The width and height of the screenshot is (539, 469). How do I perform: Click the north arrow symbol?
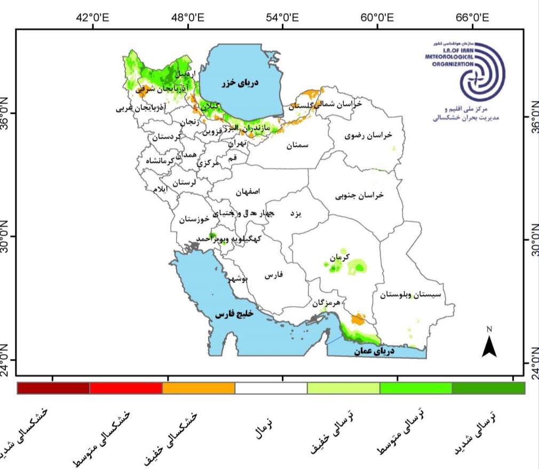pos(489,343)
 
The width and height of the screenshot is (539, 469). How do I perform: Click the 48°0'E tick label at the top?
pos(189,17)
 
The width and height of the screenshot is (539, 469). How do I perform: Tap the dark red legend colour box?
pos(53,388)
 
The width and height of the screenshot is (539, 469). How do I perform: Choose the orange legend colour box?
pos(199,388)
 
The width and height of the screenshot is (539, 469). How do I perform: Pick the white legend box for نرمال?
pos(271,388)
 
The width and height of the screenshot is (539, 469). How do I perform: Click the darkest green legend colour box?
pos(488,388)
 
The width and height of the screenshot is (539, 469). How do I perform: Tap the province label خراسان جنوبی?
pos(360,196)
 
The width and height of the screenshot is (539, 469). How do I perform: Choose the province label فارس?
pos(272,275)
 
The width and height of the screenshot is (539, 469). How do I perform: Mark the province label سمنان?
pos(297,145)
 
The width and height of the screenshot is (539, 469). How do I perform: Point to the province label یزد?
pos(296,213)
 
